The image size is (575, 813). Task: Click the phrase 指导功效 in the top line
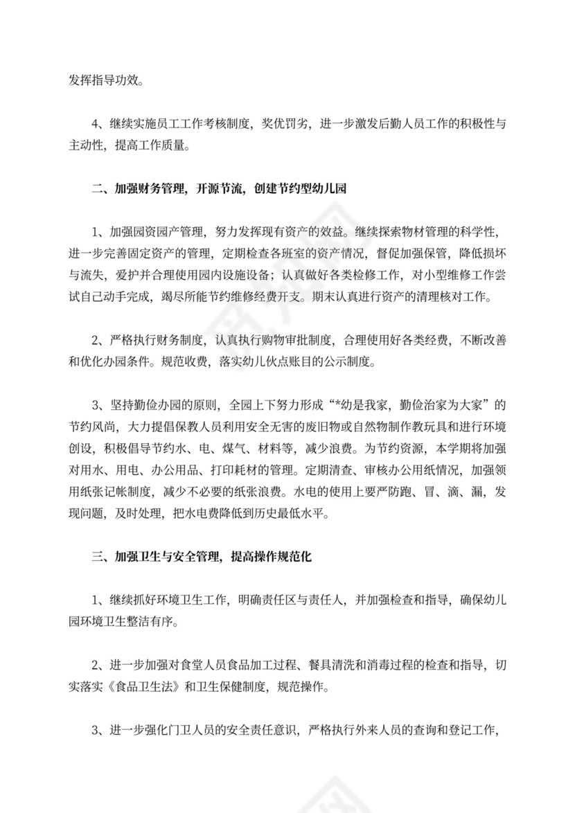tap(107, 80)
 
